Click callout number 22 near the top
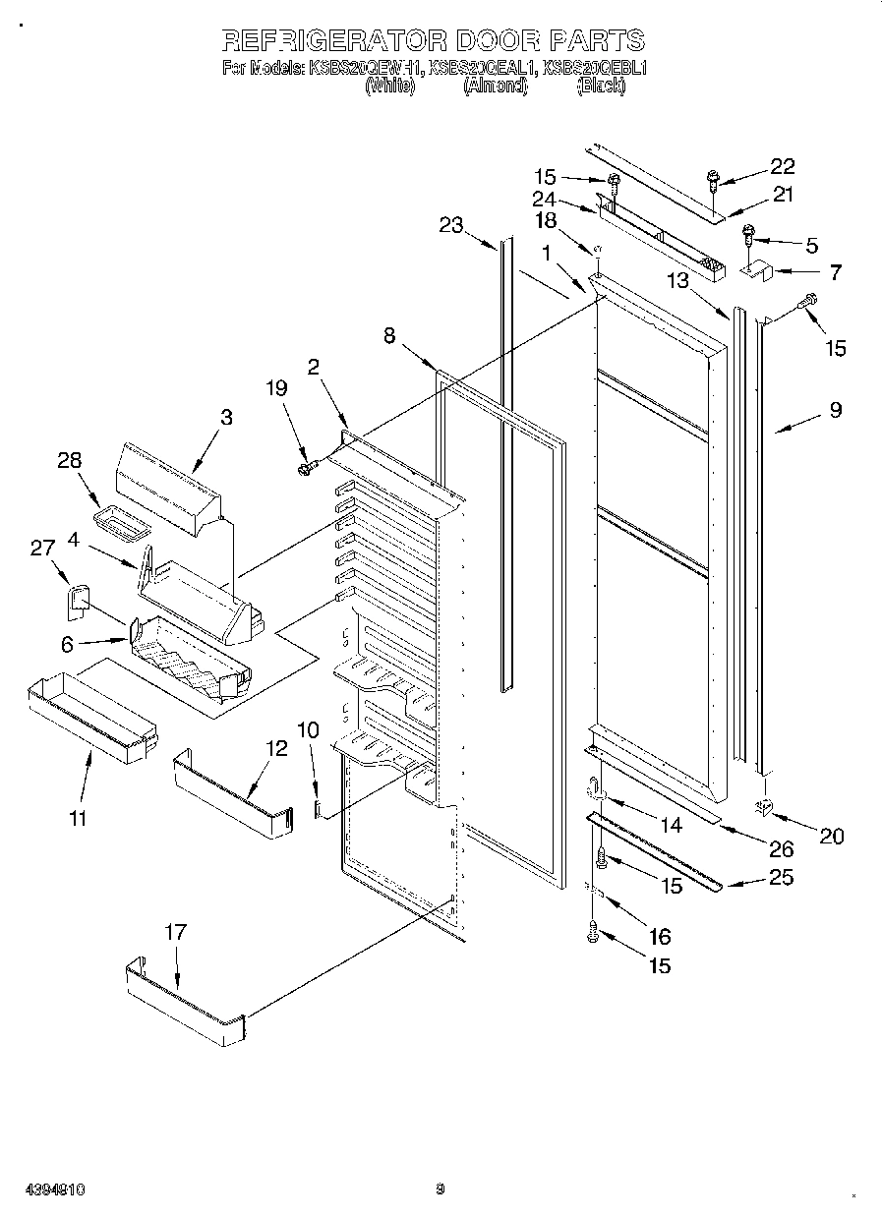[782, 165]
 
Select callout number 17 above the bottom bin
[174, 933]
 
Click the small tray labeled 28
[116, 524]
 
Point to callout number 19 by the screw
[276, 388]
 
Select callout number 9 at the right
[835, 410]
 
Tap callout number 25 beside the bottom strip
[780, 877]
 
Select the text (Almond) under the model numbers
[496, 87]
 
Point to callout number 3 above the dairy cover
[226, 417]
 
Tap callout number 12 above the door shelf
[276, 748]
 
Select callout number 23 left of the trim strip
[450, 225]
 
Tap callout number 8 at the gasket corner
[389, 336]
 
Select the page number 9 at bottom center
[441, 1189]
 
